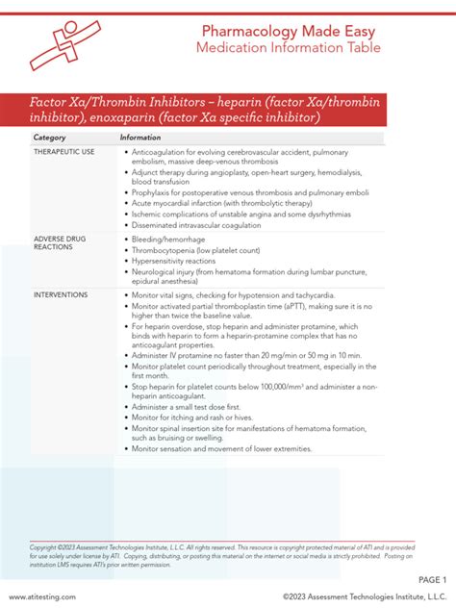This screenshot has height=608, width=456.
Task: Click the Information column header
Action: pos(140,138)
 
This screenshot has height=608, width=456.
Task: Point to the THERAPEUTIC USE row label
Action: pos(64,153)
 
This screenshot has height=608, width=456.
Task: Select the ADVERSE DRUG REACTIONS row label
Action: pos(60,241)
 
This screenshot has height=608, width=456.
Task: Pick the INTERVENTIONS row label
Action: pos(61,294)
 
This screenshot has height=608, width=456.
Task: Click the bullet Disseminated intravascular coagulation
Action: pos(198,226)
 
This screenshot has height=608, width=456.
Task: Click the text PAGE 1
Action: pos(431,580)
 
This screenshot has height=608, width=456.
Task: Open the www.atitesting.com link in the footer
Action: pos(44,596)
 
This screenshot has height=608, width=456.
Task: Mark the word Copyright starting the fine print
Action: pos(45,547)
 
